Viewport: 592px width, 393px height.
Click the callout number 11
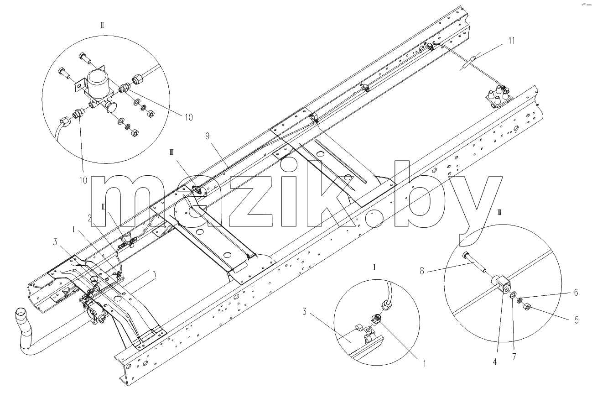(x=512, y=41)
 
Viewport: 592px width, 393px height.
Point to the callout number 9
(x=208, y=136)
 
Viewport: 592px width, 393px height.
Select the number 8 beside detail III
(x=422, y=271)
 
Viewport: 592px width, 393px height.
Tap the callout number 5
(x=576, y=320)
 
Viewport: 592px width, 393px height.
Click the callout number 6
(x=576, y=293)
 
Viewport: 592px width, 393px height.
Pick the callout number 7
(x=514, y=357)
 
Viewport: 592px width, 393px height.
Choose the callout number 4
(x=495, y=362)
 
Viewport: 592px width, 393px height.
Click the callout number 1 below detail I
(x=425, y=364)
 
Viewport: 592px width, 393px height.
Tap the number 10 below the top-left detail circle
(x=83, y=180)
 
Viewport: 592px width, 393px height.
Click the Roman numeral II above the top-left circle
(x=102, y=26)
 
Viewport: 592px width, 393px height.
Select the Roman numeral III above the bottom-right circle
(x=499, y=212)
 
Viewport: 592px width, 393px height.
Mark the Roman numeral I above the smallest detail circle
(x=374, y=267)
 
